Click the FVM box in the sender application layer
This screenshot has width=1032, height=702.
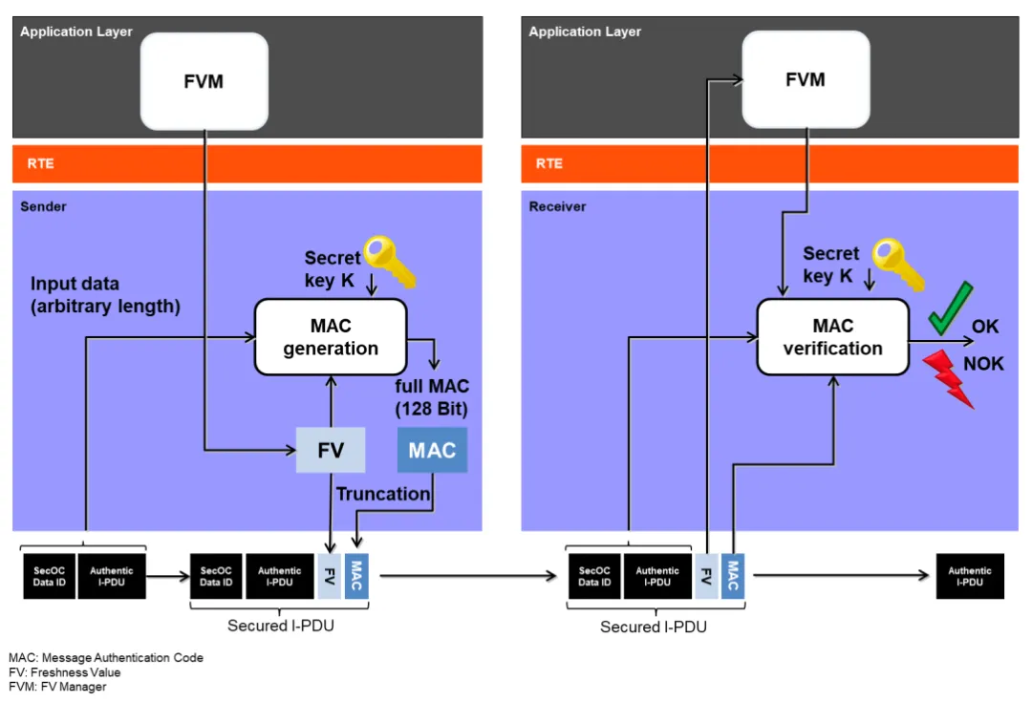tap(204, 81)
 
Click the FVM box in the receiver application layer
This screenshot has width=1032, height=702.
tap(806, 80)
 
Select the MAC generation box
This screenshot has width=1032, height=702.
tap(331, 336)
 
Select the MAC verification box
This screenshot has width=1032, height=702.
tap(832, 336)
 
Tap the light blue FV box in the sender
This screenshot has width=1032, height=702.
tap(330, 449)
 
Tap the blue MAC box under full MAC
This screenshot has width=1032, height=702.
tap(432, 450)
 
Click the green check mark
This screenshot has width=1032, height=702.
tap(952, 308)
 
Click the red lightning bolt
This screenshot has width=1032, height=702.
tap(949, 378)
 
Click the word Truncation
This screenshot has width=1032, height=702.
tap(382, 494)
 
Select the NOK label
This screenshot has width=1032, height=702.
tap(983, 364)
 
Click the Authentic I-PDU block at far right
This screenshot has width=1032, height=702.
tap(970, 576)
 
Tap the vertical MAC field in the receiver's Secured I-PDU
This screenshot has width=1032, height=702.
tap(733, 576)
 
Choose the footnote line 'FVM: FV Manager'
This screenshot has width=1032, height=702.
tap(58, 687)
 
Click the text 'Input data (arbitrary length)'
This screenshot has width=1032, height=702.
tap(105, 295)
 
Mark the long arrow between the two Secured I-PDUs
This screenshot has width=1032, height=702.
tap(468, 576)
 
